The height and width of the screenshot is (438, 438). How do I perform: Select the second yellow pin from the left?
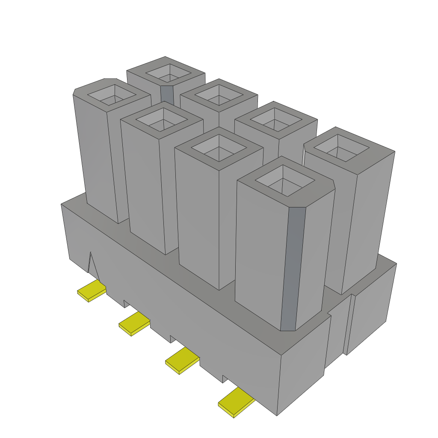pos(133,323)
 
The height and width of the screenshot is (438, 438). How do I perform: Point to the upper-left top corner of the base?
pos(62,204)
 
